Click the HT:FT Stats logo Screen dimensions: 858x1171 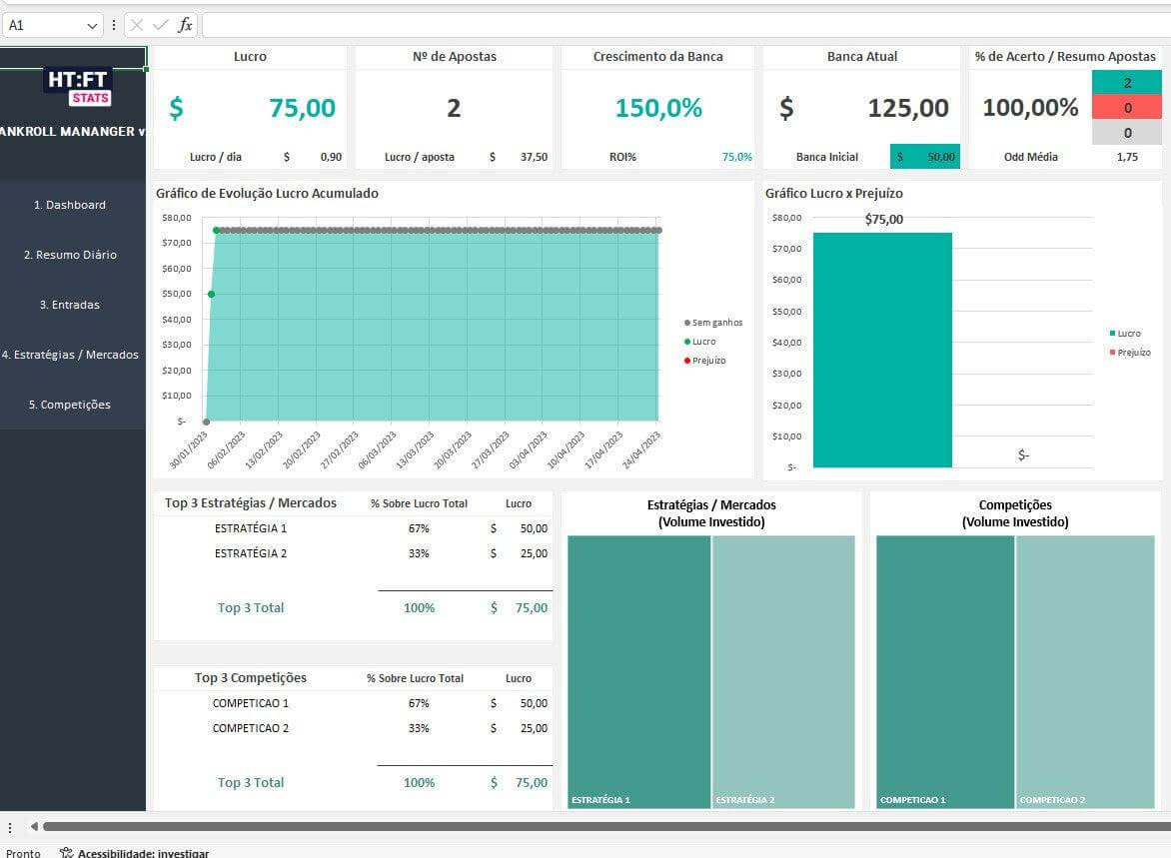[x=78, y=86]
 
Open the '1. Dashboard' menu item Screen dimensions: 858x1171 [x=70, y=205]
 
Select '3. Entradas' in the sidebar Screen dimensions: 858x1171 [x=70, y=305]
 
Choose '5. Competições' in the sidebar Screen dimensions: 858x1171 [x=70, y=405]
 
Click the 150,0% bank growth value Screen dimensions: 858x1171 [x=658, y=108]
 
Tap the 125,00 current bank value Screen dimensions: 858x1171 [x=907, y=108]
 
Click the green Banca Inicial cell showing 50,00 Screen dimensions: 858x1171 [x=925, y=157]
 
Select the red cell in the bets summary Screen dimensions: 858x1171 [x=1127, y=108]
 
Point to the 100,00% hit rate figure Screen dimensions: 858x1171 [x=1030, y=108]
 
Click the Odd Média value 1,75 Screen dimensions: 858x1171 [x=1127, y=157]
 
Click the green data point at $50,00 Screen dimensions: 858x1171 [x=211, y=294]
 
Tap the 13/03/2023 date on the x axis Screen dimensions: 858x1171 [x=411, y=450]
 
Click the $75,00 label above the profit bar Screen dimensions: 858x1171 [x=883, y=220]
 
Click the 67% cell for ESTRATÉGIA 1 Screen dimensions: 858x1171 [x=419, y=528]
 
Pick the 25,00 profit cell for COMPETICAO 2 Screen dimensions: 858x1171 [x=534, y=728]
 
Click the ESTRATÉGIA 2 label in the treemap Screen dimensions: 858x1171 [x=745, y=800]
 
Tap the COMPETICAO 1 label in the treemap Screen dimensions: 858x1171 [x=912, y=800]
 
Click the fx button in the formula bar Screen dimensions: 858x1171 [x=185, y=25]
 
